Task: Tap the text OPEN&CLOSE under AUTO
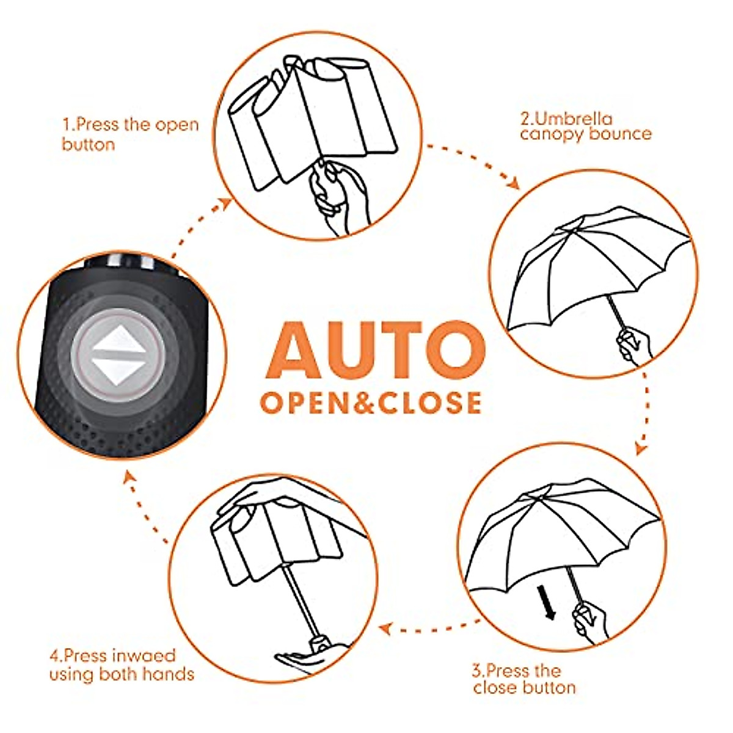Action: click(x=371, y=403)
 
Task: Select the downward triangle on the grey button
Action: click(x=119, y=370)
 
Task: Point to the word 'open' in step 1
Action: click(x=176, y=125)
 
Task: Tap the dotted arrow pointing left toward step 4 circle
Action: click(x=428, y=626)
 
